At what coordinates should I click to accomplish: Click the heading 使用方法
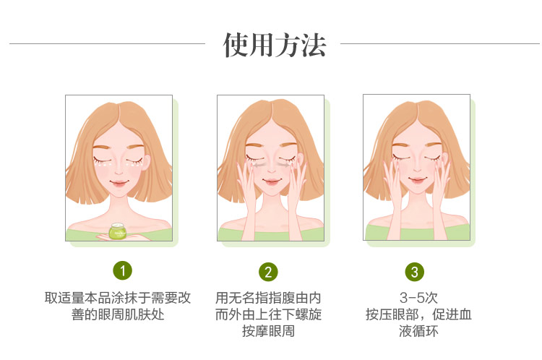coord(275,45)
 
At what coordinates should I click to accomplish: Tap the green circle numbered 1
coord(122,270)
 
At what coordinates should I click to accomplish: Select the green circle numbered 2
coord(268,272)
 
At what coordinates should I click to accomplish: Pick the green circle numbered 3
coord(415,272)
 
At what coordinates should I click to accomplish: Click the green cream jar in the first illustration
coord(118,231)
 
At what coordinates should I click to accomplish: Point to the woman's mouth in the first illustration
coord(119,183)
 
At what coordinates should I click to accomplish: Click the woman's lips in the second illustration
coord(271,181)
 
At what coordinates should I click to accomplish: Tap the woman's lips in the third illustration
coord(417,180)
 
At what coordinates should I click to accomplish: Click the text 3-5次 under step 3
coord(418,298)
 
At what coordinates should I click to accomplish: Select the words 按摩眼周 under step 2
coord(268,331)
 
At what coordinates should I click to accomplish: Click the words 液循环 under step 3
coord(418,331)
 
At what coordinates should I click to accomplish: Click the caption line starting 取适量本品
coord(118,298)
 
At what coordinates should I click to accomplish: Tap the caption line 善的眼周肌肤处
coord(118,314)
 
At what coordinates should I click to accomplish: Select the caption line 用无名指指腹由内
coord(268,298)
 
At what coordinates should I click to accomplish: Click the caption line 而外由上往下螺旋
coord(268,314)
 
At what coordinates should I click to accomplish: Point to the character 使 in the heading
coord(236,45)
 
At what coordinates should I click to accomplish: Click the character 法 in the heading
coord(314,45)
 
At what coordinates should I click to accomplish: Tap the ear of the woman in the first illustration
coord(147,162)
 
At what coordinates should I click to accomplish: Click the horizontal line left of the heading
coord(107,44)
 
